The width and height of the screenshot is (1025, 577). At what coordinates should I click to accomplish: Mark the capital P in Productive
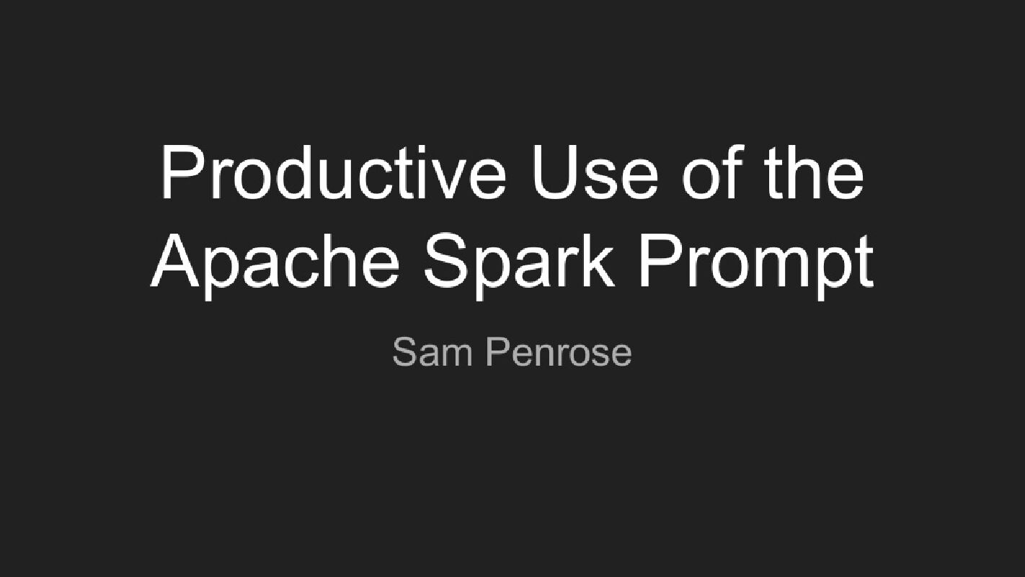180,173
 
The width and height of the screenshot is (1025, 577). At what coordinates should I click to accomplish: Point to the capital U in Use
554,173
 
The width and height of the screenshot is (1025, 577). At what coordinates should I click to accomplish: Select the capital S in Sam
404,353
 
